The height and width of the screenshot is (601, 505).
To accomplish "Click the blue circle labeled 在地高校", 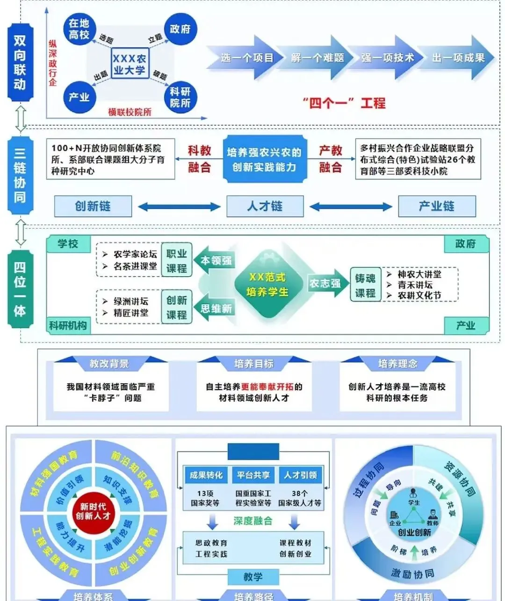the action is point(79,29).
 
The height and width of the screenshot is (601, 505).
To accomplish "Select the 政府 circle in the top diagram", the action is point(180,29).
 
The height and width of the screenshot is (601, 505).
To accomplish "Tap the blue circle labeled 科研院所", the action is point(180,97).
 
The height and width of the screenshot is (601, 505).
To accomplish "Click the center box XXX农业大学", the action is point(130,64).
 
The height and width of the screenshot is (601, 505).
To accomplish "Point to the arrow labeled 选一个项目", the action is point(246,58).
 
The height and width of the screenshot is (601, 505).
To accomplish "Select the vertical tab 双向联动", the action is point(20,62).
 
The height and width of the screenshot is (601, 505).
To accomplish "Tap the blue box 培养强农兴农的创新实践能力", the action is point(264,159).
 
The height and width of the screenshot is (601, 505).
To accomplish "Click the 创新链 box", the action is point(93,206).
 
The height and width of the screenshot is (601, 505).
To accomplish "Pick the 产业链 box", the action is point(436,206).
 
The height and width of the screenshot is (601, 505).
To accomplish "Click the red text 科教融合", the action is point(199,159).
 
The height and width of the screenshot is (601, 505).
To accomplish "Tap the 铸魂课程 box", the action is point(365,286).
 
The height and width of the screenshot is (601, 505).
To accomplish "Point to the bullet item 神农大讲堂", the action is point(419,274).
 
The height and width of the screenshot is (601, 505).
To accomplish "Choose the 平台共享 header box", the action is point(253,475).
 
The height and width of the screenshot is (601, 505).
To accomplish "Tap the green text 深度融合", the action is point(253,521).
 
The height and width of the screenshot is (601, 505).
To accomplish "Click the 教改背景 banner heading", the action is point(109,364).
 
